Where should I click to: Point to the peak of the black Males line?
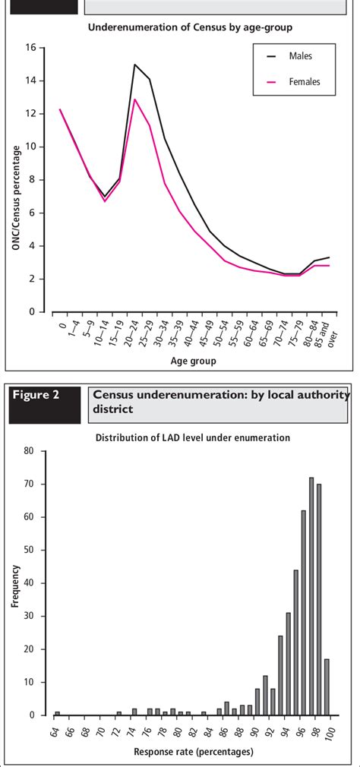[134, 65]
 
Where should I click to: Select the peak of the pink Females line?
[134, 99]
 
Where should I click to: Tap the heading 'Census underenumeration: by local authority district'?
[220, 402]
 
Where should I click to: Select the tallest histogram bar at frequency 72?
[311, 596]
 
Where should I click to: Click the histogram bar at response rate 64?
[57, 713]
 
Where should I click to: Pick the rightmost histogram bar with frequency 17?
[327, 687]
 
